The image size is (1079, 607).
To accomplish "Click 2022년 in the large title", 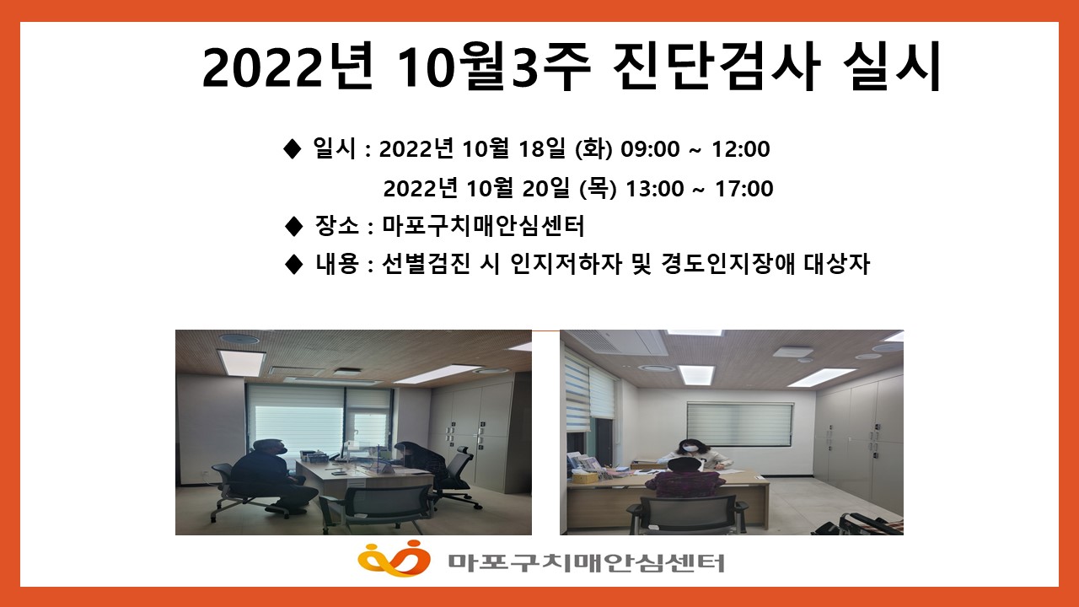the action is [287, 66].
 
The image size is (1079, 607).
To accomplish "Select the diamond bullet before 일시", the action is [293, 149].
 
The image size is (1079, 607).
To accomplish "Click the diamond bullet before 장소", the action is [294, 226].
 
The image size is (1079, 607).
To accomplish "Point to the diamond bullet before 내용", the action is [294, 264].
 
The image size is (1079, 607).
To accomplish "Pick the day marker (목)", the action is [598, 188].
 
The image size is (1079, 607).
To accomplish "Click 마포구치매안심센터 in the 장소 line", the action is [483, 225].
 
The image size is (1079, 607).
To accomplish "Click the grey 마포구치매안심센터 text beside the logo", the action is [586, 562].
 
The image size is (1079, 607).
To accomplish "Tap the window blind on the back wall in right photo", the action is [739, 424].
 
